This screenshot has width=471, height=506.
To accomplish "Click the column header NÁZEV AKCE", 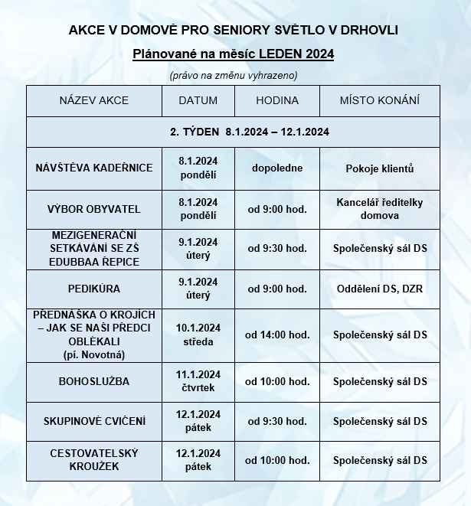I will [94, 100].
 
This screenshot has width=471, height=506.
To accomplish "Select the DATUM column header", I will [198, 100].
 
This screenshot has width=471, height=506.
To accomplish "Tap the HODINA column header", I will [276, 100].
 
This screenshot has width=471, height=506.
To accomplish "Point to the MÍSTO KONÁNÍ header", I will [379, 100].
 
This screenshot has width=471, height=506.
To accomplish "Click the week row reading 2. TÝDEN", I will [250, 132].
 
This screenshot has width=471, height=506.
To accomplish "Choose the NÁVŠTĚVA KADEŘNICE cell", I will [94, 168].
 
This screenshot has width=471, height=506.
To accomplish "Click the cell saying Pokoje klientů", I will [379, 168].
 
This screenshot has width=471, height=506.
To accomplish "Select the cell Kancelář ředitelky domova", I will [379, 208].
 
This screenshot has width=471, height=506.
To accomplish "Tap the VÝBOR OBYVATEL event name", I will [94, 208].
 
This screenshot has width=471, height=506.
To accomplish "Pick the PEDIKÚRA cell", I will [94, 289].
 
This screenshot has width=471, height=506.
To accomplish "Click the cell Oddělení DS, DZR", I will [379, 289].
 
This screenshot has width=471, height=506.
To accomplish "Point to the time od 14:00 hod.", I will [276, 335].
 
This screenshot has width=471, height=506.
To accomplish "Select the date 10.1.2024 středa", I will [198, 335].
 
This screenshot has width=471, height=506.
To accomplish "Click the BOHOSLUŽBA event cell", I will [94, 380].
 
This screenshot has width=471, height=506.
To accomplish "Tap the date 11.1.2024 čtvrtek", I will [198, 380].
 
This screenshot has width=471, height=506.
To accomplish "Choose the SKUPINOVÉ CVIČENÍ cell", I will [94, 421].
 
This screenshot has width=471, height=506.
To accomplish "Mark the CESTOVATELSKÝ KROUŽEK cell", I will [94, 460].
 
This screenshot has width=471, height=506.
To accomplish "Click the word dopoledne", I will [276, 168].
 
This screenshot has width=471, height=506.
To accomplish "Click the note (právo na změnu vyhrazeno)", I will [233, 75].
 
